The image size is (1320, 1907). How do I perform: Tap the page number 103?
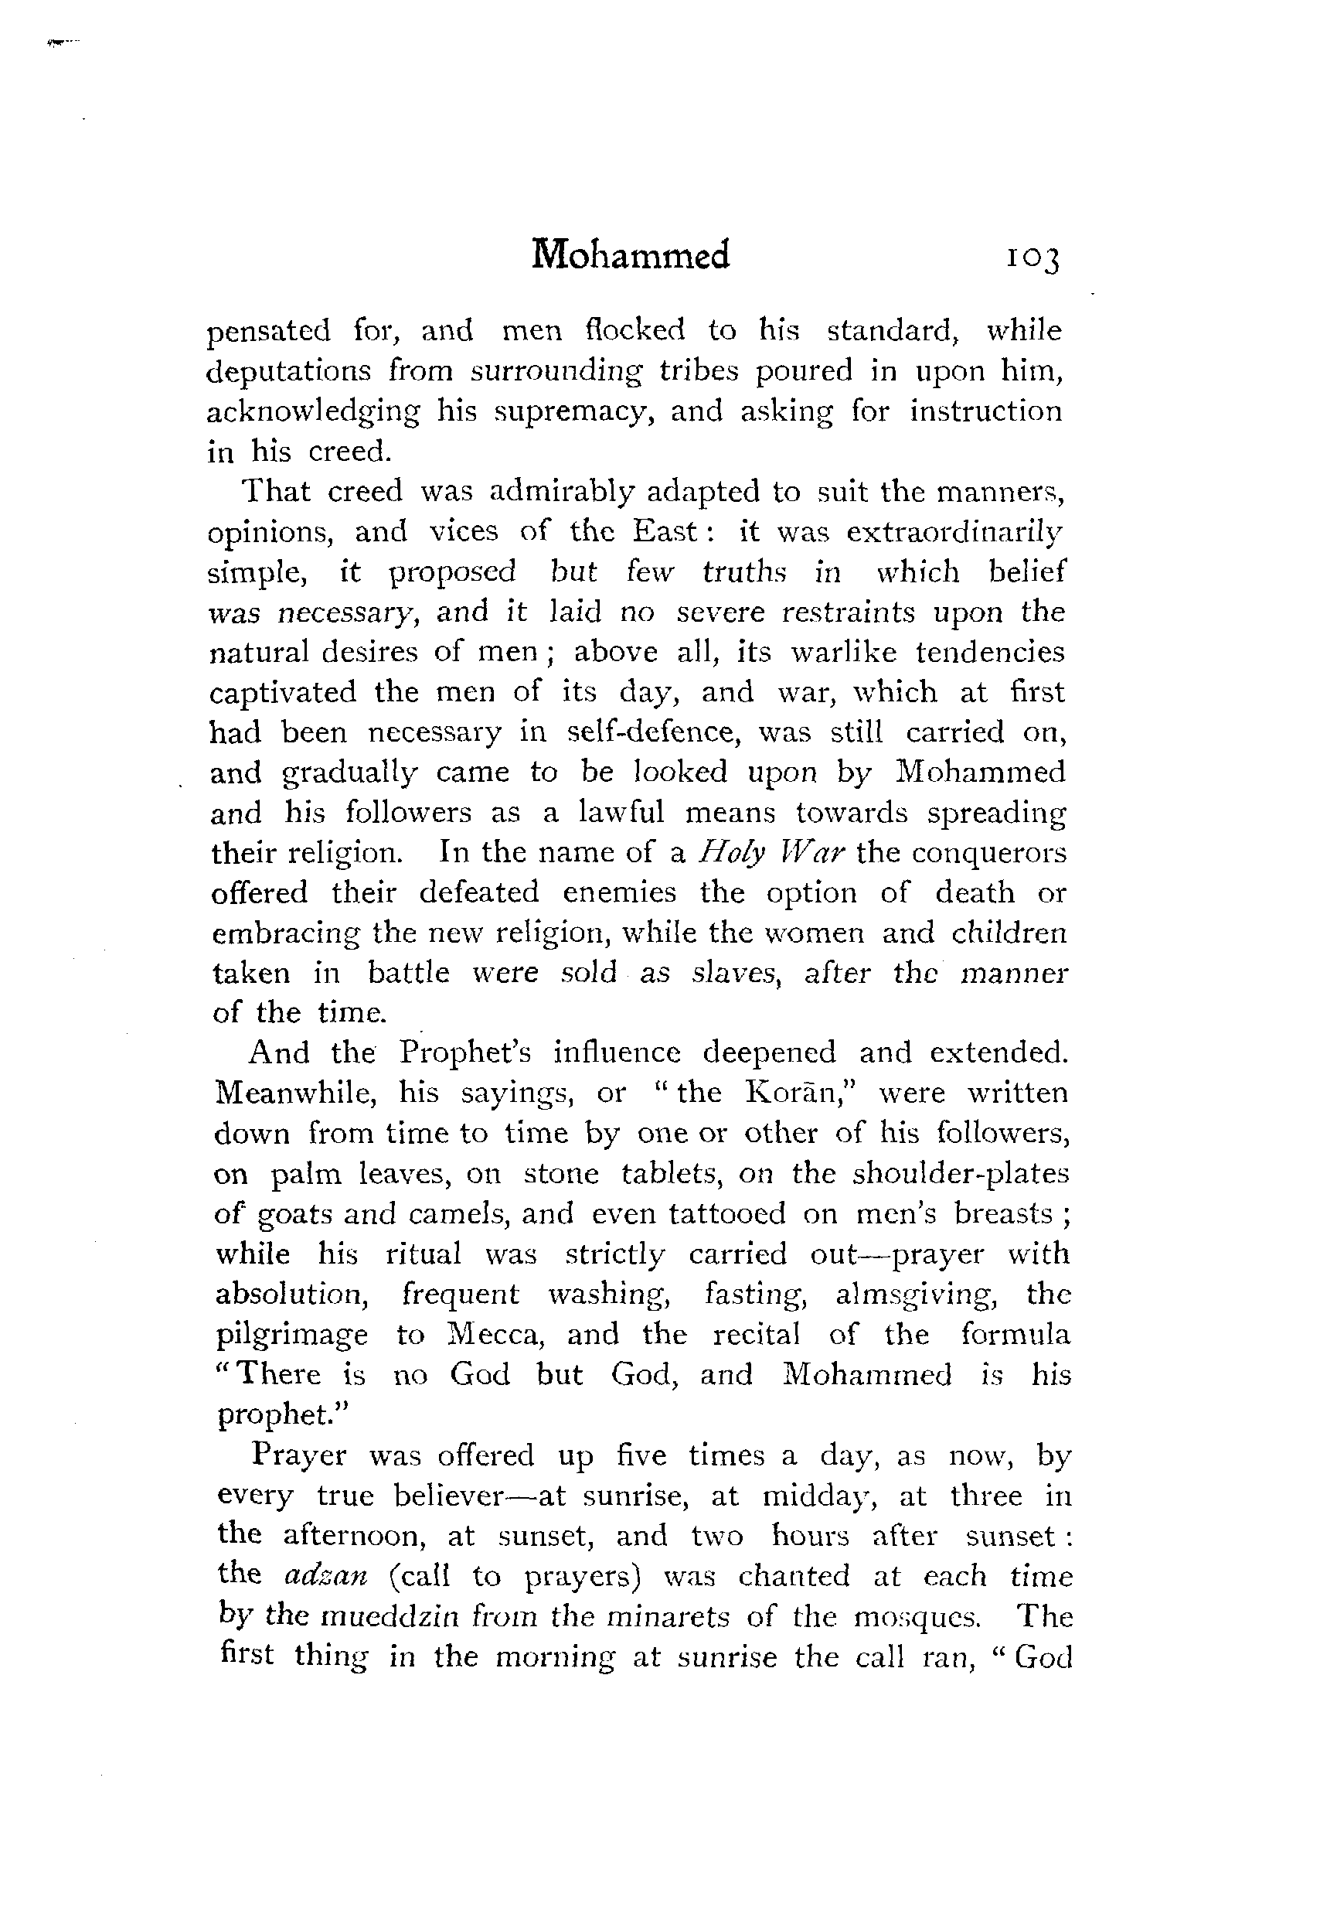(1032, 259)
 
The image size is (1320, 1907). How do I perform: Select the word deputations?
(287, 371)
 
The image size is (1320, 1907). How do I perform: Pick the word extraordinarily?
(954, 532)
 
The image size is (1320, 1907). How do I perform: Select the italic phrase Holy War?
(771, 852)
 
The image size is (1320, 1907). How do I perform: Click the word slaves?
(737, 973)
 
